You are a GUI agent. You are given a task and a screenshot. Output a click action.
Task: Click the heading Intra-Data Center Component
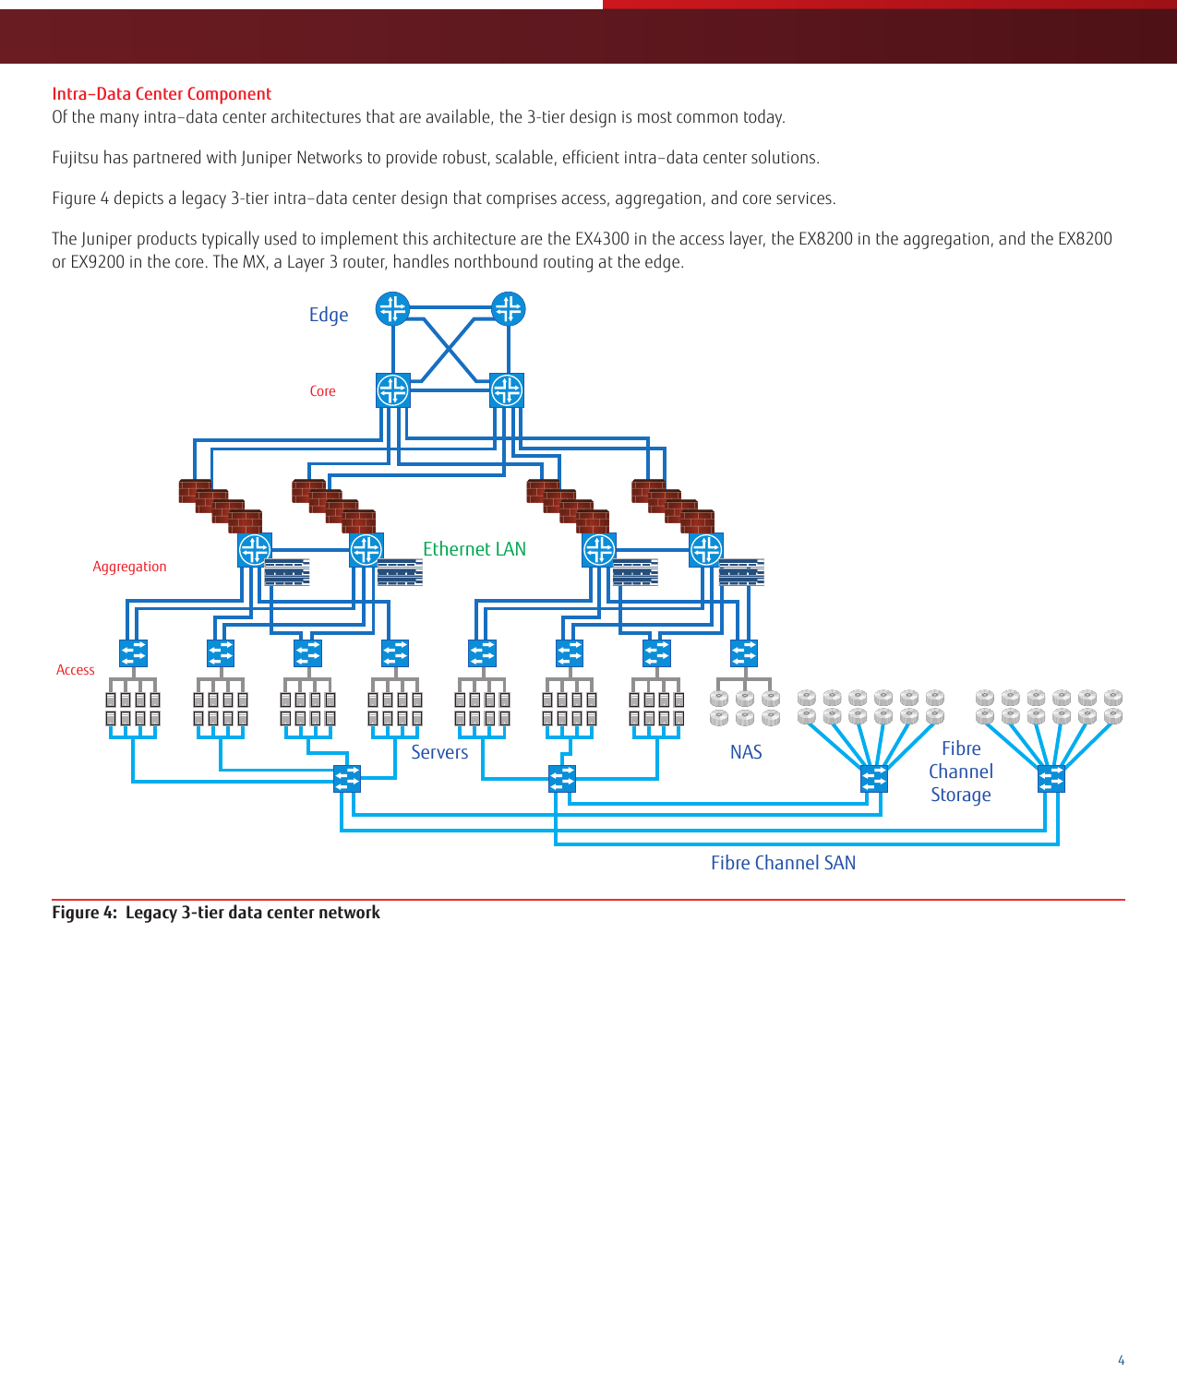[162, 94]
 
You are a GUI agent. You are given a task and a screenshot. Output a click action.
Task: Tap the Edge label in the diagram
[329, 315]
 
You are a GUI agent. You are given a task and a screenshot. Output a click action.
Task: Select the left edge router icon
[392, 309]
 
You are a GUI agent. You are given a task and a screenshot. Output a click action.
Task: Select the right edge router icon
[508, 309]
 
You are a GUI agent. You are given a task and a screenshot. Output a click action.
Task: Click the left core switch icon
[393, 390]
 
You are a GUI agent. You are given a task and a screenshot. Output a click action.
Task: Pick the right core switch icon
[507, 390]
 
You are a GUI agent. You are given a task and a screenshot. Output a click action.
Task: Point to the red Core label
[322, 391]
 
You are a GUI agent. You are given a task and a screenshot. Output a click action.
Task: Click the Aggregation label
[129, 567]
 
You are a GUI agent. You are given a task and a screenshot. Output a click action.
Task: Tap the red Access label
[75, 670]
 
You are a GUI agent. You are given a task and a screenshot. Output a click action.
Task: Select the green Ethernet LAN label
[474, 549]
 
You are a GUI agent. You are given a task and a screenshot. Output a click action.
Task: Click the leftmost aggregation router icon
[255, 550]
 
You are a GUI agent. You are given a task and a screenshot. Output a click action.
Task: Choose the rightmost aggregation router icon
[706, 550]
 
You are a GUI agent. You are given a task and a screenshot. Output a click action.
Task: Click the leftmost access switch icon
[133, 653]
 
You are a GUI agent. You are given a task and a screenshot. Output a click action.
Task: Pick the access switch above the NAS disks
[744, 653]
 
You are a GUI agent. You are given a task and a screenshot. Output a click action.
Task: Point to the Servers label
[439, 752]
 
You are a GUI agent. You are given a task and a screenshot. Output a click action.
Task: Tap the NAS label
[746, 752]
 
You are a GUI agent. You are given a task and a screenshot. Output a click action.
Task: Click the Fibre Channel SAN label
[783, 863]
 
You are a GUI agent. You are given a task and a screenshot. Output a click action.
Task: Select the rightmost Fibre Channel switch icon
[1051, 779]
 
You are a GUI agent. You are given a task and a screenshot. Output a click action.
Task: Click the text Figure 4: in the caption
[84, 913]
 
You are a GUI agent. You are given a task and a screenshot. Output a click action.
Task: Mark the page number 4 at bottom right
[1121, 1360]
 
